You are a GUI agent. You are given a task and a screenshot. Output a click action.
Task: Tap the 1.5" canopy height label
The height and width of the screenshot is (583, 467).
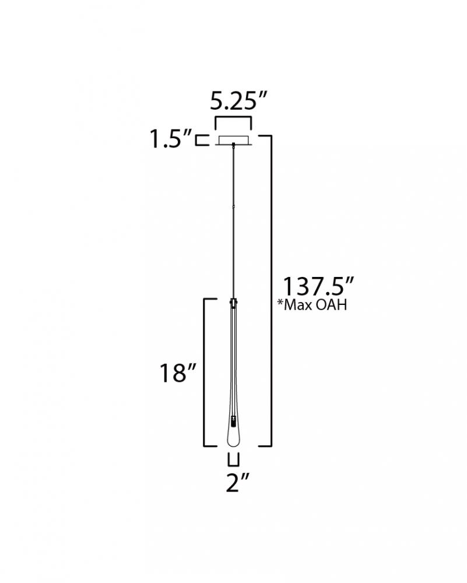click(x=171, y=139)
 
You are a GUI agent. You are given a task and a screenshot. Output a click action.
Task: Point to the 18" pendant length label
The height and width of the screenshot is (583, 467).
click(x=178, y=373)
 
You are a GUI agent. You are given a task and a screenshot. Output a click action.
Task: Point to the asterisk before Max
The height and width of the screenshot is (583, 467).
click(x=280, y=302)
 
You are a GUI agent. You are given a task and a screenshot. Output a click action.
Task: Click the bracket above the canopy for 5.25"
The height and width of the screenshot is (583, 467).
click(x=233, y=118)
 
